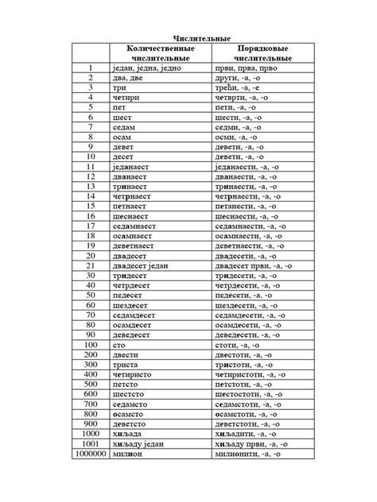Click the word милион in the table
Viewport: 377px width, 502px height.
(130, 475)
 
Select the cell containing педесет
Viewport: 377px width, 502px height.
(132, 295)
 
